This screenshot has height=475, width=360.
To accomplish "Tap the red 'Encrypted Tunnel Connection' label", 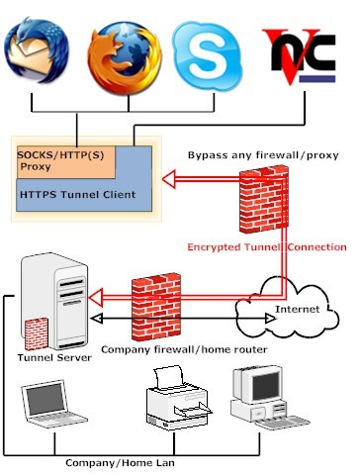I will coord(284,246).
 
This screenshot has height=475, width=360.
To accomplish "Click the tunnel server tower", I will coord(55,297).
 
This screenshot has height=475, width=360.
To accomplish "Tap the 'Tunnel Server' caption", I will coord(49,356).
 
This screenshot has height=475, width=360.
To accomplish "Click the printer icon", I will coord(177,401).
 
